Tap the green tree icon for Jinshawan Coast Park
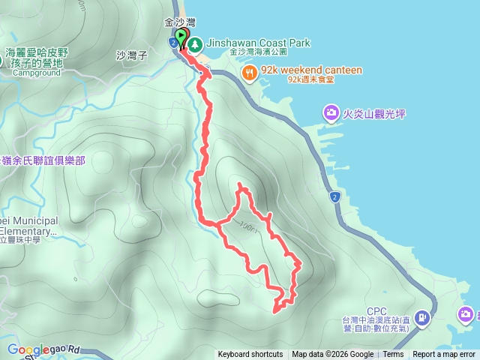point(195,44)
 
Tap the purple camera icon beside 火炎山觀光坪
point(331,113)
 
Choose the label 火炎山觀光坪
point(374,114)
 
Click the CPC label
point(376,310)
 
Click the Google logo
point(28,349)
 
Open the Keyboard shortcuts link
point(250,355)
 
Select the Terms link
point(393,355)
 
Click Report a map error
point(444,355)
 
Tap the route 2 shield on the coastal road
point(334,197)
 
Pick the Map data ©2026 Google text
point(333,355)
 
